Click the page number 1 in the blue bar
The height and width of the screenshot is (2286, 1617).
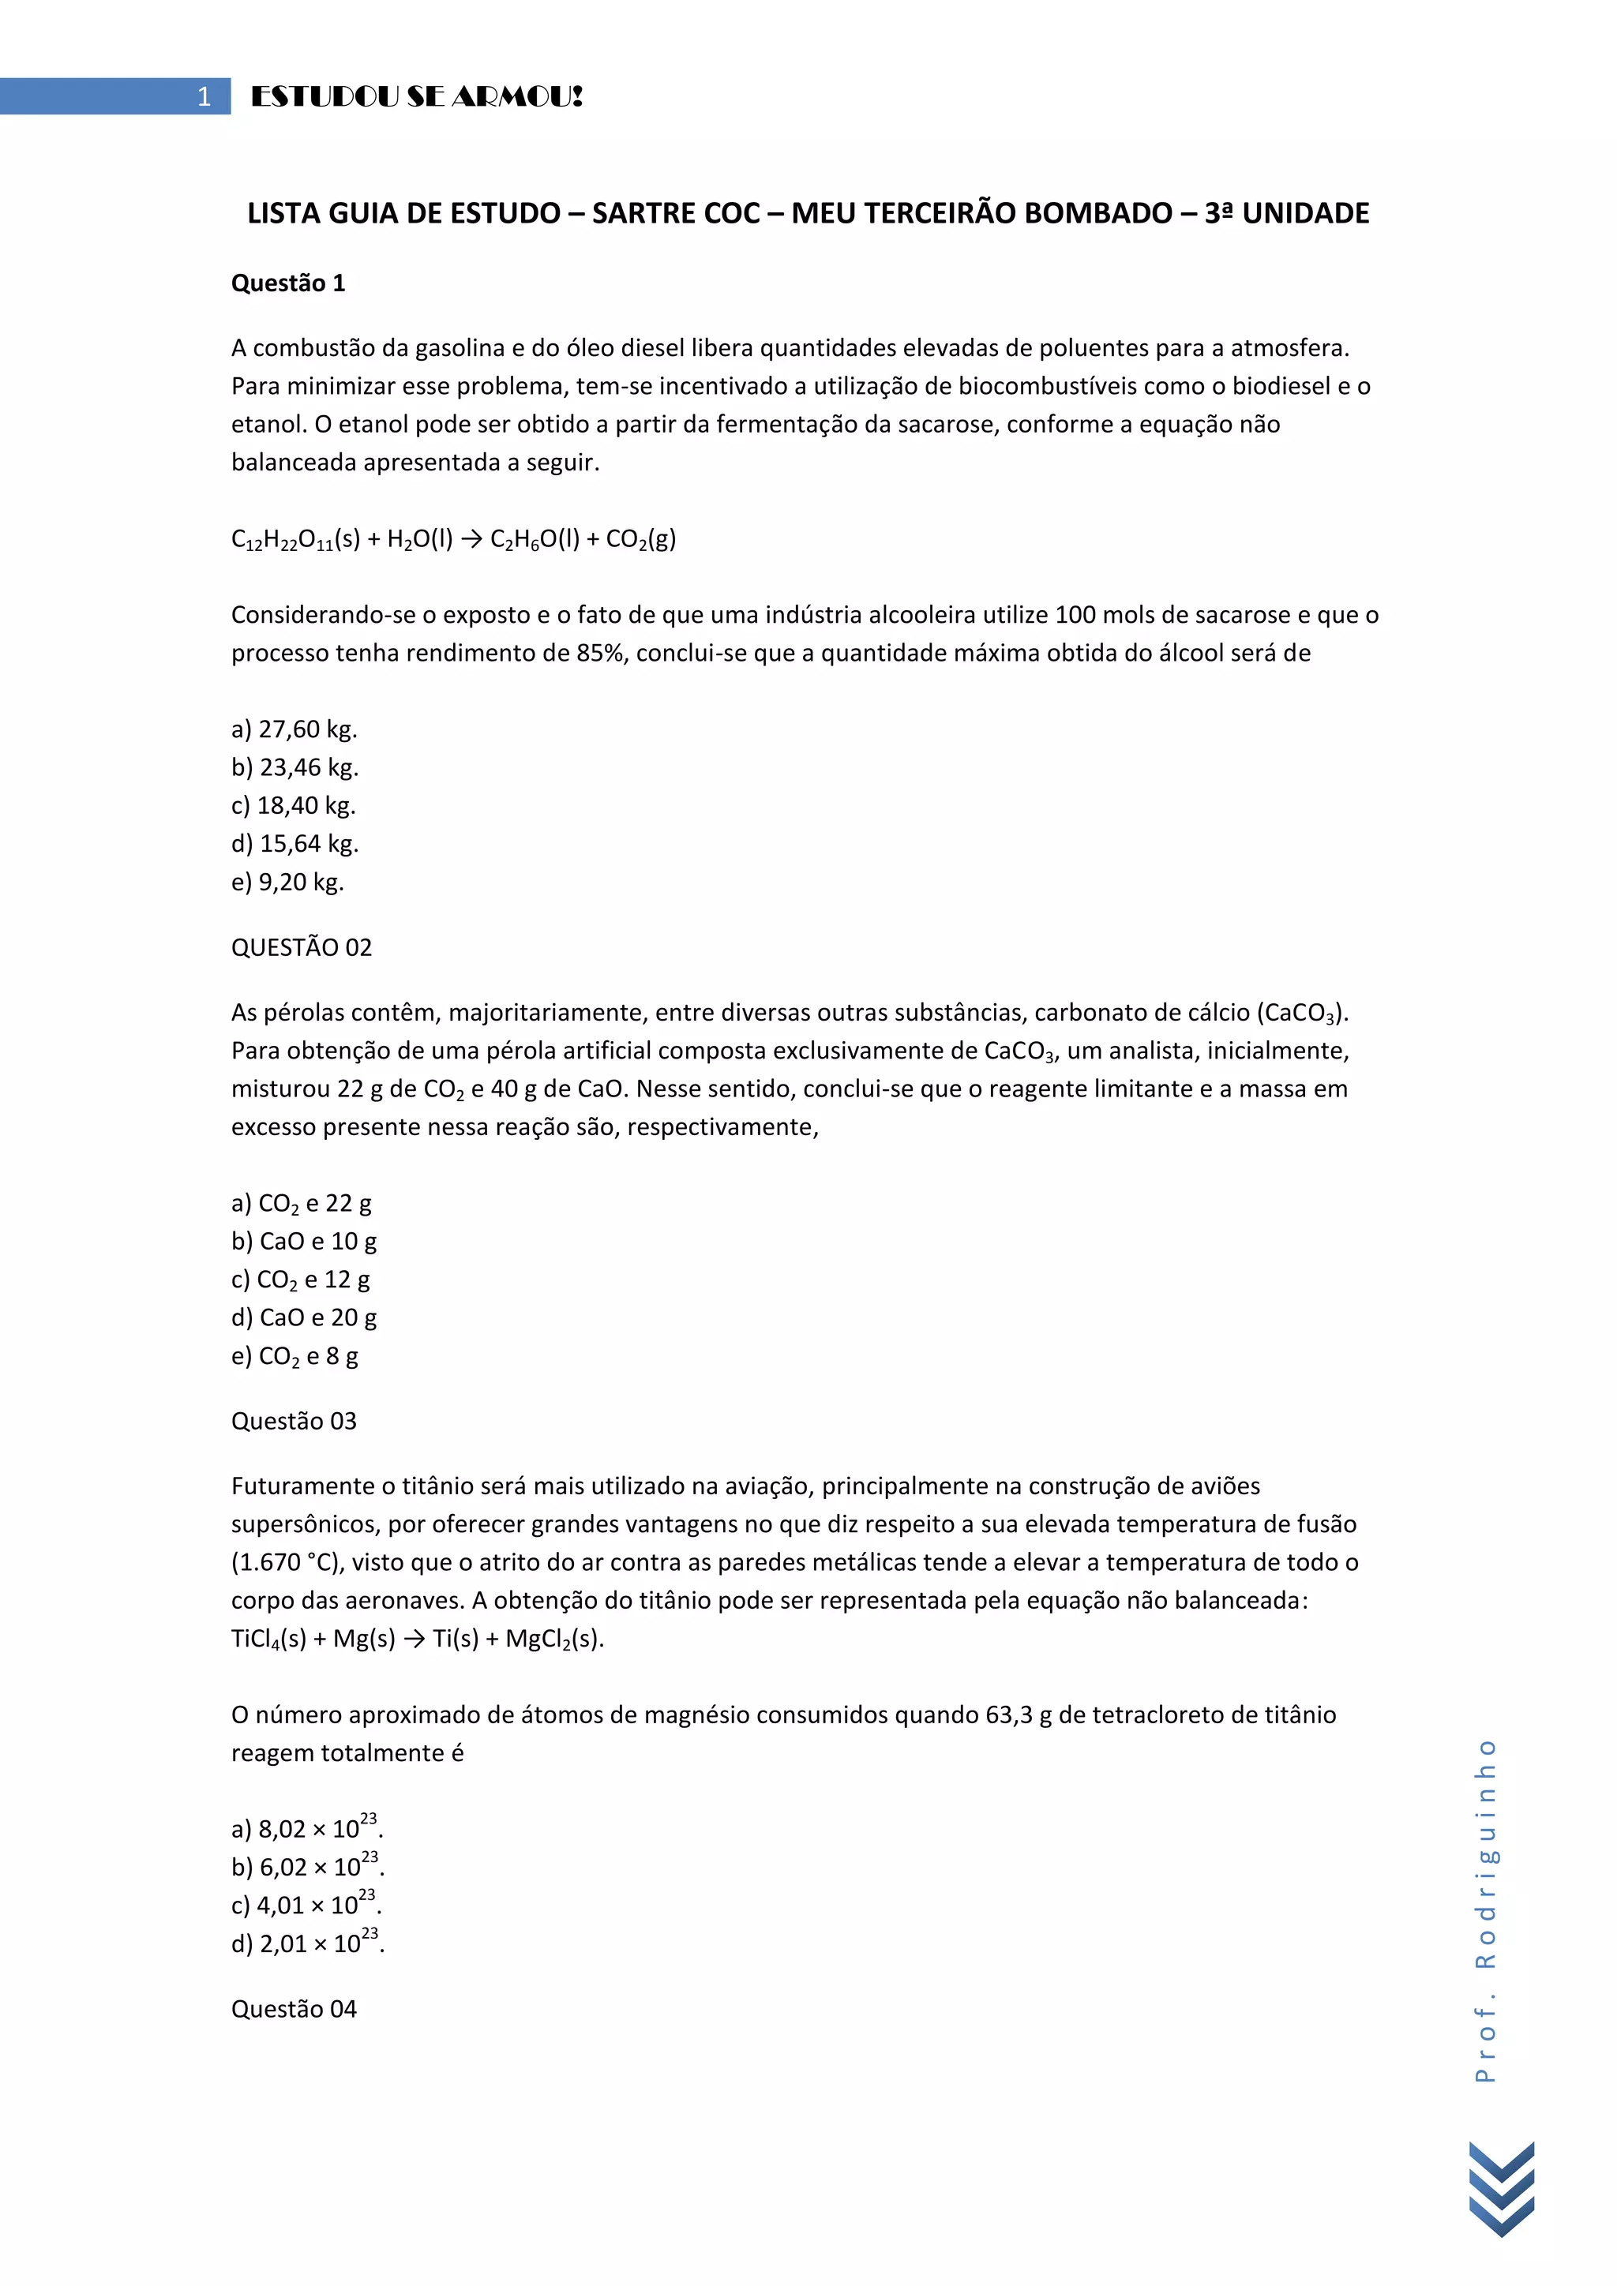204,96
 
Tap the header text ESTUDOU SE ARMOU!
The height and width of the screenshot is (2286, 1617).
416,96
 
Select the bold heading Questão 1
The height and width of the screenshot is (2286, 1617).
287,283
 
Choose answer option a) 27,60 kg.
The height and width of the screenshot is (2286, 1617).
294,730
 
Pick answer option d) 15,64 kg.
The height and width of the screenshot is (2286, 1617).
295,845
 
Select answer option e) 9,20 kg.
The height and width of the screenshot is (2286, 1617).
287,883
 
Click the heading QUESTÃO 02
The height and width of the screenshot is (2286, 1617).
302,948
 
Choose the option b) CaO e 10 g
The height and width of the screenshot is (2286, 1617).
304,1242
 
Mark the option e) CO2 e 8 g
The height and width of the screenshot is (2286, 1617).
295,1356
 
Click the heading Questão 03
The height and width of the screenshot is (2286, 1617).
294,1422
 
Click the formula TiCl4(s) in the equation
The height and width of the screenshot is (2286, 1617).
268,1640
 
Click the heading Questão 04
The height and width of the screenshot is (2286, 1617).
294,2009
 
